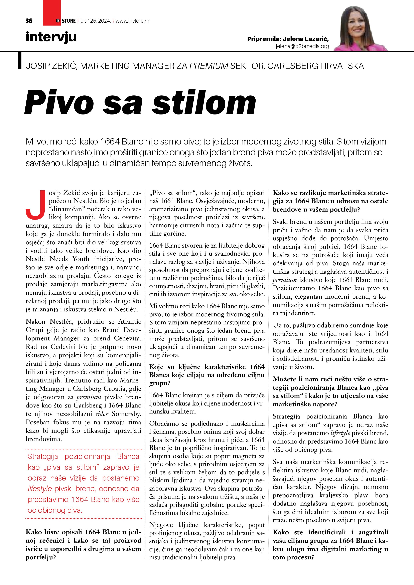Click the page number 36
(29, 21)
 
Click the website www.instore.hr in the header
(132, 21)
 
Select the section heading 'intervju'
(51, 37)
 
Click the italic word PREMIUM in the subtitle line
(209, 66)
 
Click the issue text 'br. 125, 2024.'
(95, 21)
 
